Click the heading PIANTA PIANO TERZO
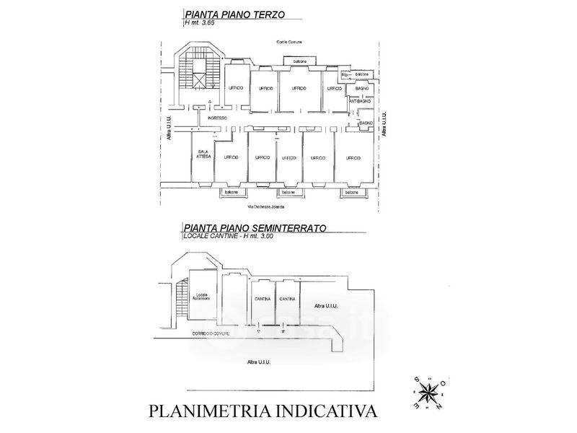click(x=235, y=14)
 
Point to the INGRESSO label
click(x=217, y=118)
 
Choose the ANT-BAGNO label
click(x=360, y=102)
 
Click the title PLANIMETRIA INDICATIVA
click(x=263, y=411)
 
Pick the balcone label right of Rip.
click(x=363, y=74)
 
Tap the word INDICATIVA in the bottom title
click(x=325, y=411)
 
